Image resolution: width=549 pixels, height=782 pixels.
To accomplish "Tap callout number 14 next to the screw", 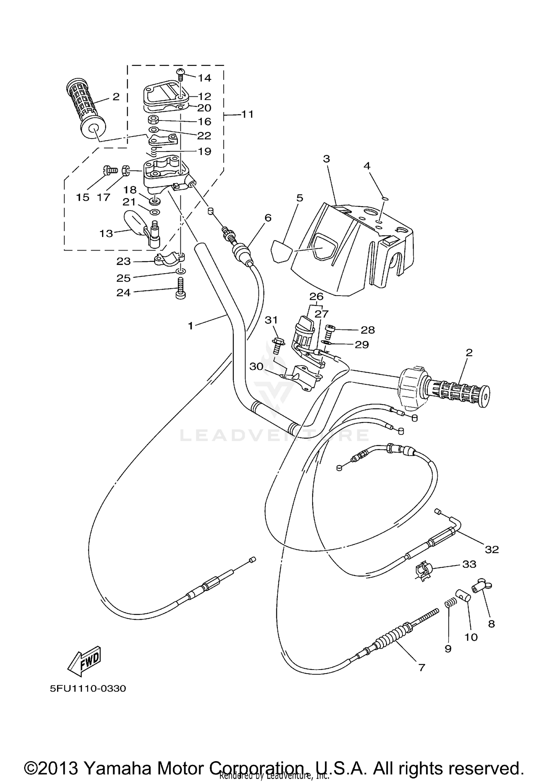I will click(x=205, y=78).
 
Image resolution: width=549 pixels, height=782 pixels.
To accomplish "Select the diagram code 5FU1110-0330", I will click(x=88, y=689).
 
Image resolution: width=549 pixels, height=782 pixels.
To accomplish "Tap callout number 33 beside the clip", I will click(x=469, y=564).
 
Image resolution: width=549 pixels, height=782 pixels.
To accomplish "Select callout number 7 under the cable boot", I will click(x=422, y=668).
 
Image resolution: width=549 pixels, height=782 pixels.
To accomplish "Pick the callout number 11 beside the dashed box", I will click(x=247, y=114).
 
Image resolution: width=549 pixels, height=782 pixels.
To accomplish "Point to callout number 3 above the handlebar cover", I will click(x=326, y=159).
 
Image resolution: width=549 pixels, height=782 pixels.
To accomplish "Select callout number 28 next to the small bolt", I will click(x=367, y=330).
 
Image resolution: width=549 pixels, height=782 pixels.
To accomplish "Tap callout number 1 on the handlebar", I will click(x=190, y=326).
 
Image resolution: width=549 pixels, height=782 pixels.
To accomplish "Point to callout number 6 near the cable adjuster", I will click(x=268, y=218).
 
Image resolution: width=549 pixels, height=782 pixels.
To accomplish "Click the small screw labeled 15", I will click(x=109, y=170).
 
